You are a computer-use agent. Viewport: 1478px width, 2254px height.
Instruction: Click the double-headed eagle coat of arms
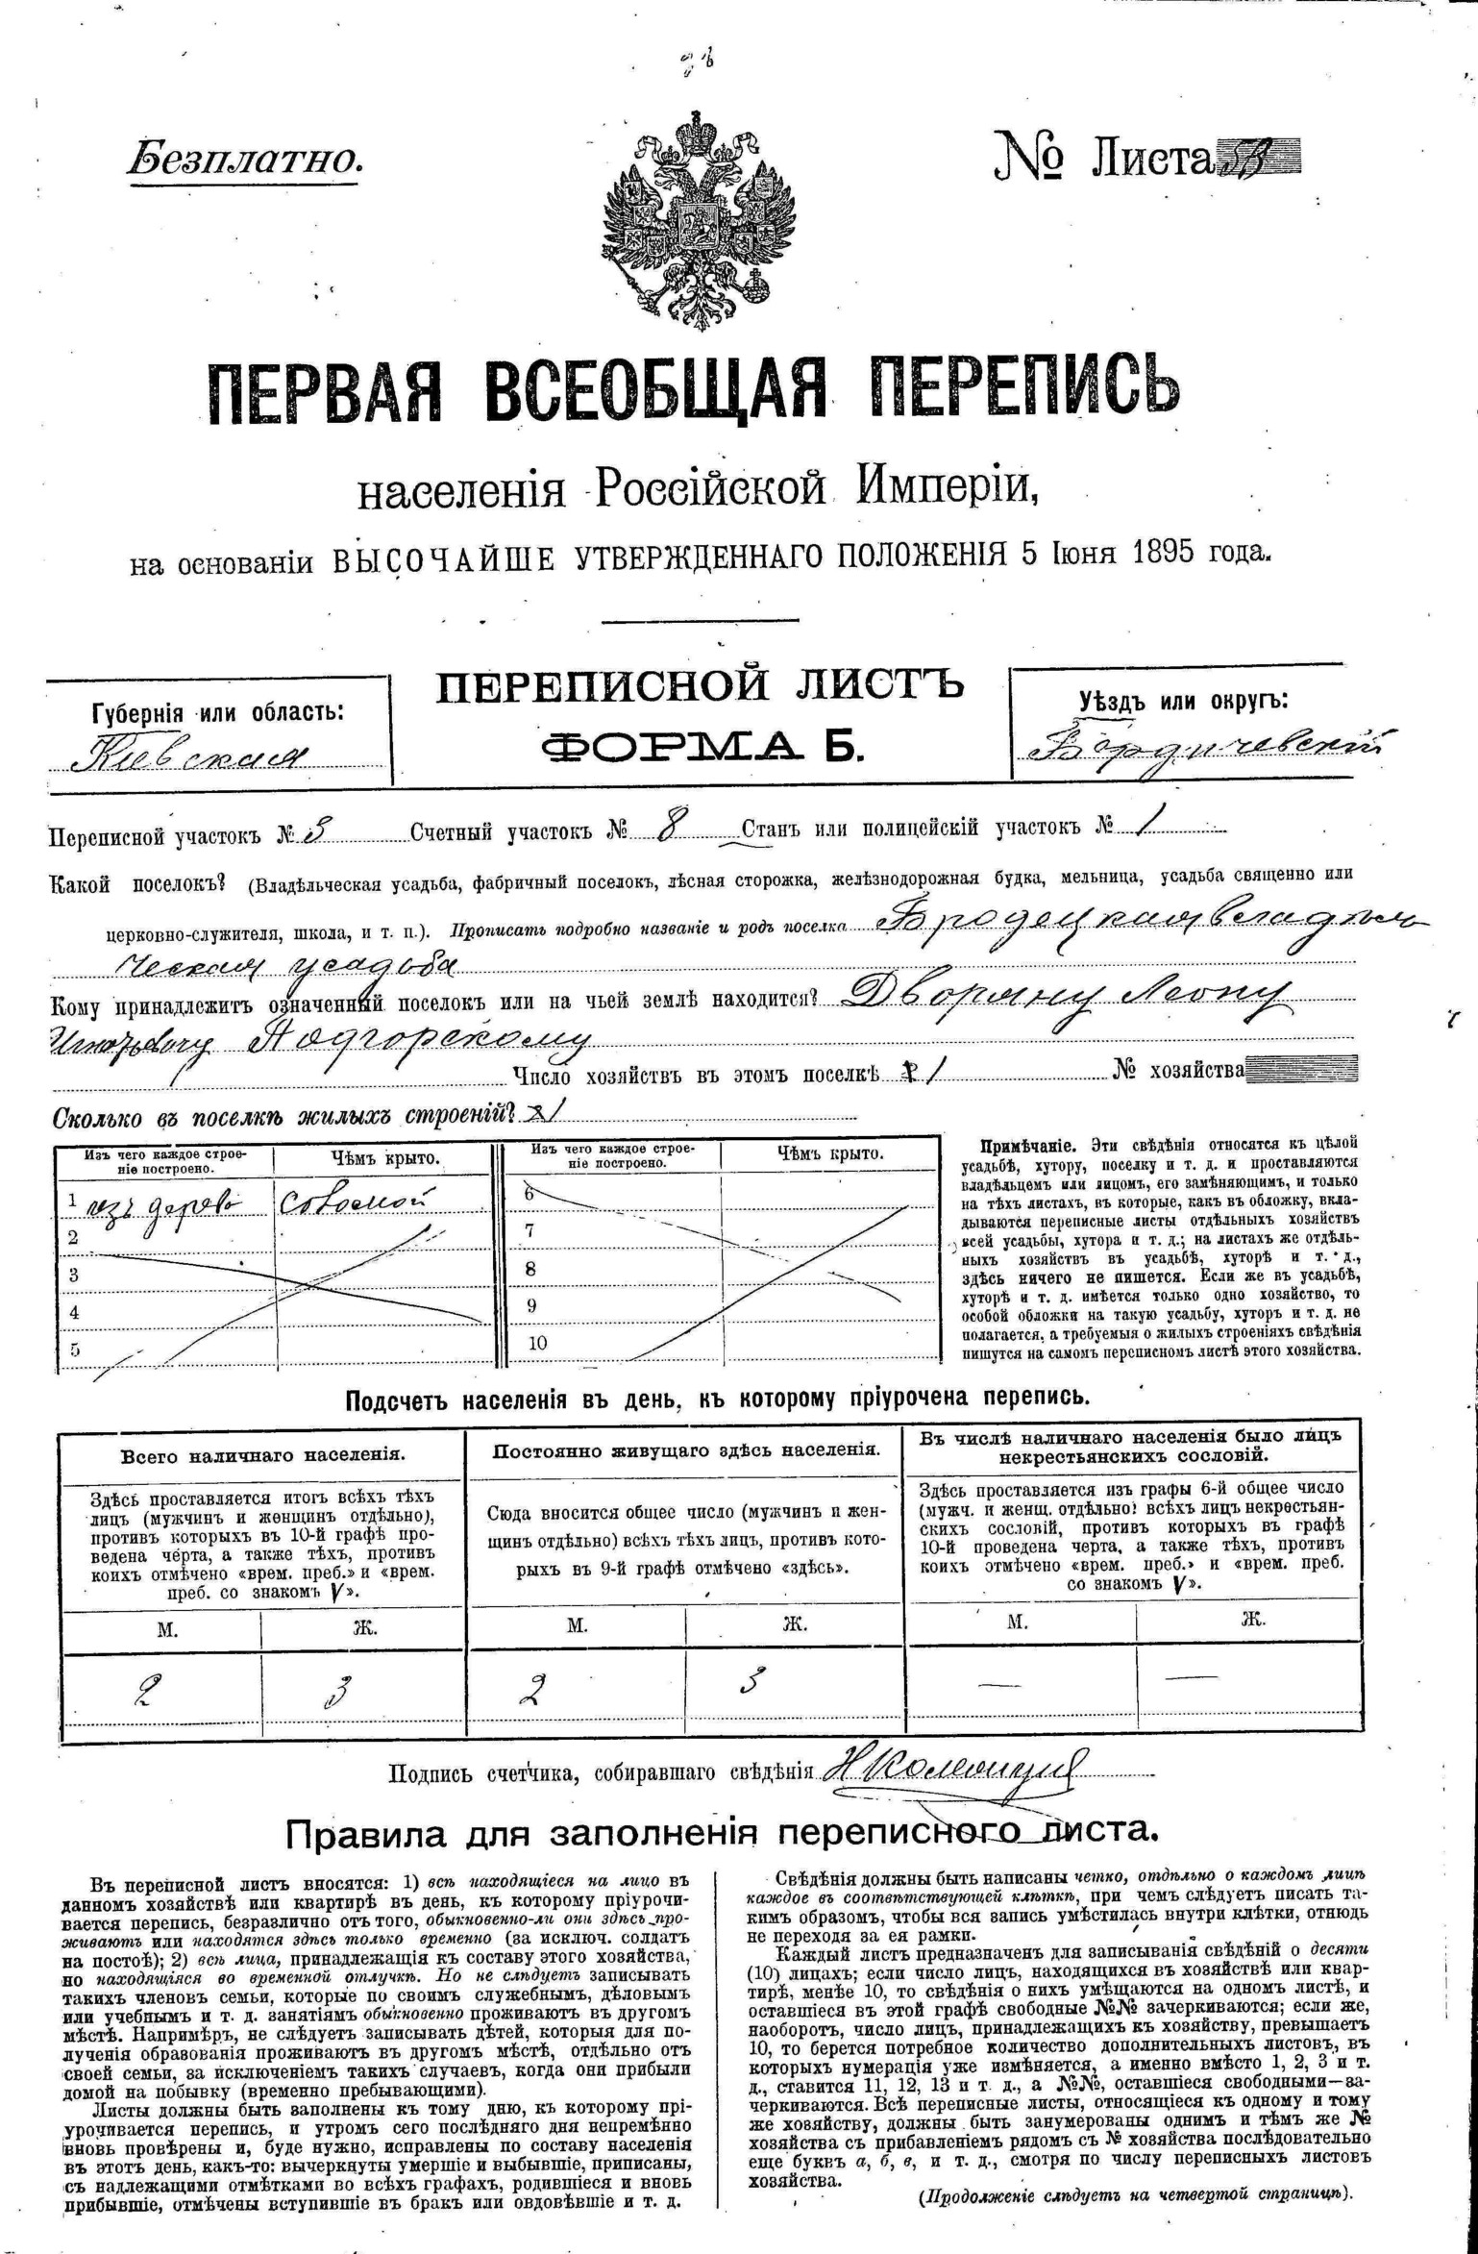tap(700, 220)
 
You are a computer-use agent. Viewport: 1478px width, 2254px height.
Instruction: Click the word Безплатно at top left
tap(246, 157)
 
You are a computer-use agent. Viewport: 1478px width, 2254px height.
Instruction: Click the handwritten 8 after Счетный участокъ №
tap(662, 829)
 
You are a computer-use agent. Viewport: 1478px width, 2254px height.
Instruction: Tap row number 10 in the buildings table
tap(537, 1343)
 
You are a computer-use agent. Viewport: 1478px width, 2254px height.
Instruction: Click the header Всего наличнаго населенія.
tap(262, 1455)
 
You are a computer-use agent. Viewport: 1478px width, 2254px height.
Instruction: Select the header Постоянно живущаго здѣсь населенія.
tap(686, 1450)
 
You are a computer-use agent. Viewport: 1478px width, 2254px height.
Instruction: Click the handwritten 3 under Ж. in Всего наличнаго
tap(342, 1690)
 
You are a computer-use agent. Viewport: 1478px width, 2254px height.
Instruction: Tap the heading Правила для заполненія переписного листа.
tap(717, 1830)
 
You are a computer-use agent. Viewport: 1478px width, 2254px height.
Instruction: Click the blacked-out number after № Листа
tap(1259, 157)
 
